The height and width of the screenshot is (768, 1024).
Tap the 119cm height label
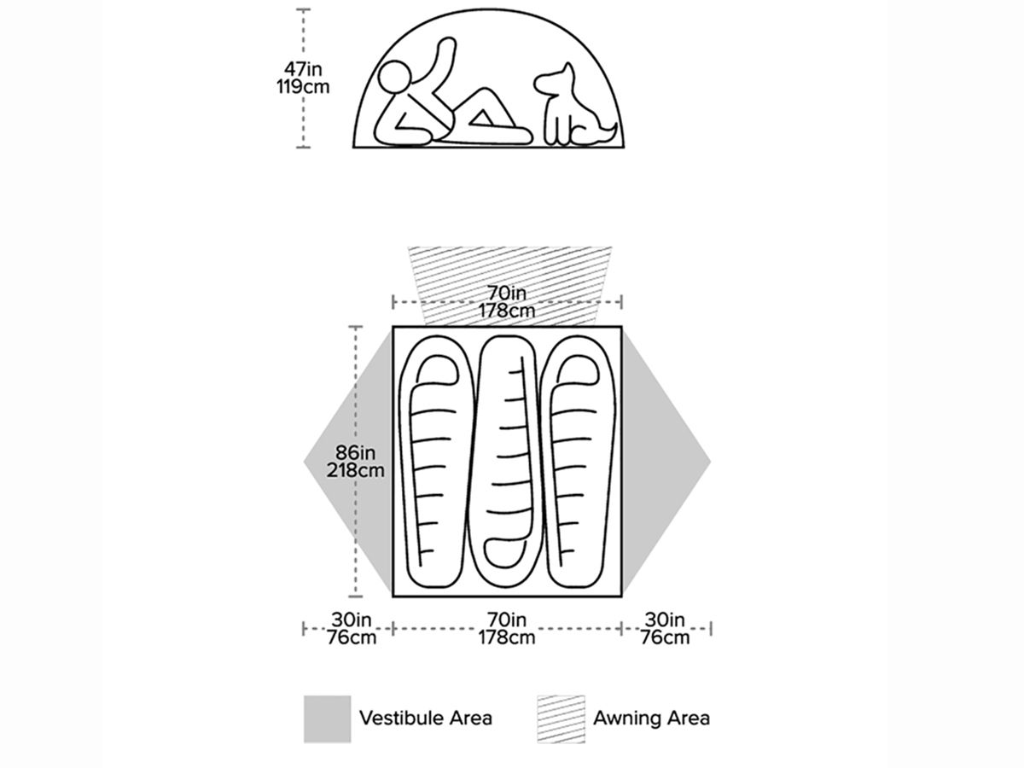coord(302,87)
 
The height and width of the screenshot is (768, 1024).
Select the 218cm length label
coord(355,469)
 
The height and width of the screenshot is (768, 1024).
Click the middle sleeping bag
coord(508,461)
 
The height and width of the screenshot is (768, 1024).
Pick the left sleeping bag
coord(439,461)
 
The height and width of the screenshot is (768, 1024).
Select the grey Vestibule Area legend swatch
coord(327,719)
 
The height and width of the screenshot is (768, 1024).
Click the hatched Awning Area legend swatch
coord(561,719)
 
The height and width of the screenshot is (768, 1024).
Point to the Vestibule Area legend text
coord(426,718)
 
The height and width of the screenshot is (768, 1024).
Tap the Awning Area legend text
coord(651,718)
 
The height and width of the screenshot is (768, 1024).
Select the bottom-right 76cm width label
coord(666,637)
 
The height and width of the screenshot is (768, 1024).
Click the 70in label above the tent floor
coord(507,293)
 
